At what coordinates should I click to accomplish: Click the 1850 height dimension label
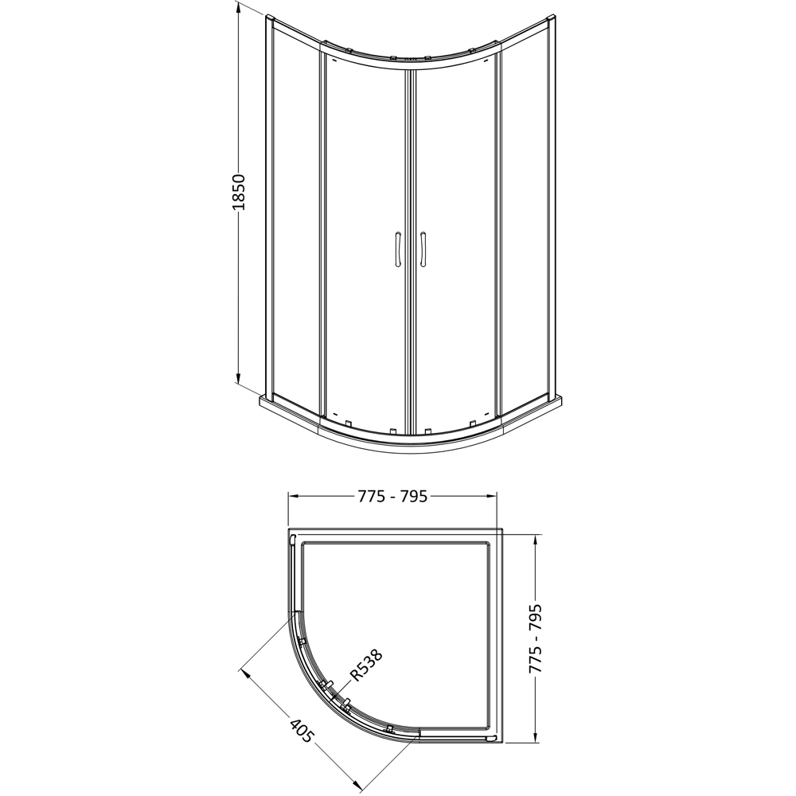coord(239,193)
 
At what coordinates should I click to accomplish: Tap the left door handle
coord(397,249)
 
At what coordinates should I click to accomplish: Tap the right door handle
coord(423,249)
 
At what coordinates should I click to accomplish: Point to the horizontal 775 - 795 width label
coord(392,496)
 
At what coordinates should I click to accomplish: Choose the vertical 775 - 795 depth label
coord(536,638)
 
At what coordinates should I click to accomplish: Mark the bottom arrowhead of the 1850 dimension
coord(239,377)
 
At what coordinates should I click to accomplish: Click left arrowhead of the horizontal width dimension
coord(295,496)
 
